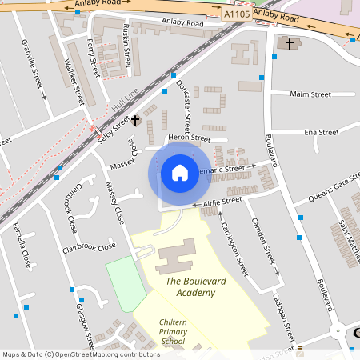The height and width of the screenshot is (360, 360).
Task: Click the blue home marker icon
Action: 180,172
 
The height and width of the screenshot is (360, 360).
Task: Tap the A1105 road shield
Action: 237,13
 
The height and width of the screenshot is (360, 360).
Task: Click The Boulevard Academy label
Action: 190,287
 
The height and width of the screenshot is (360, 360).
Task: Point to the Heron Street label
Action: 188,138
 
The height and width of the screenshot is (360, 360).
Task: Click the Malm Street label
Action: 310,94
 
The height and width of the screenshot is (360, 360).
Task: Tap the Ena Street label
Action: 322,132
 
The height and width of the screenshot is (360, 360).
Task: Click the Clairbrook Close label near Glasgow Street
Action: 90,247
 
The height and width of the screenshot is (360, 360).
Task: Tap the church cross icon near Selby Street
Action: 135,121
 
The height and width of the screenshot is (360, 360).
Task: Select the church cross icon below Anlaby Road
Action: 286,43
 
